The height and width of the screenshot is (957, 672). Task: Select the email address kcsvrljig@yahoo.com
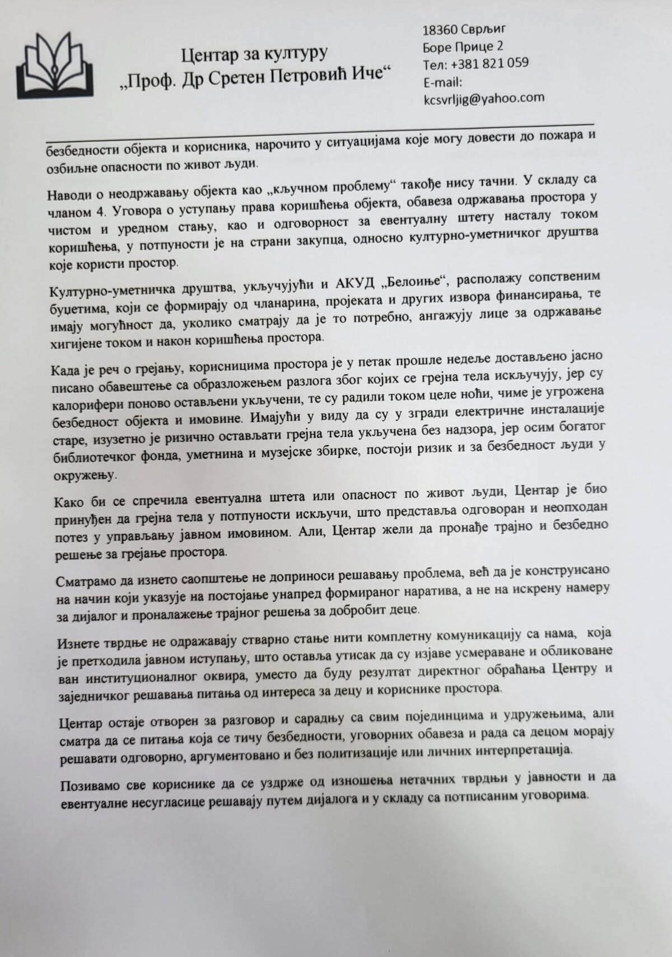pos(484,97)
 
